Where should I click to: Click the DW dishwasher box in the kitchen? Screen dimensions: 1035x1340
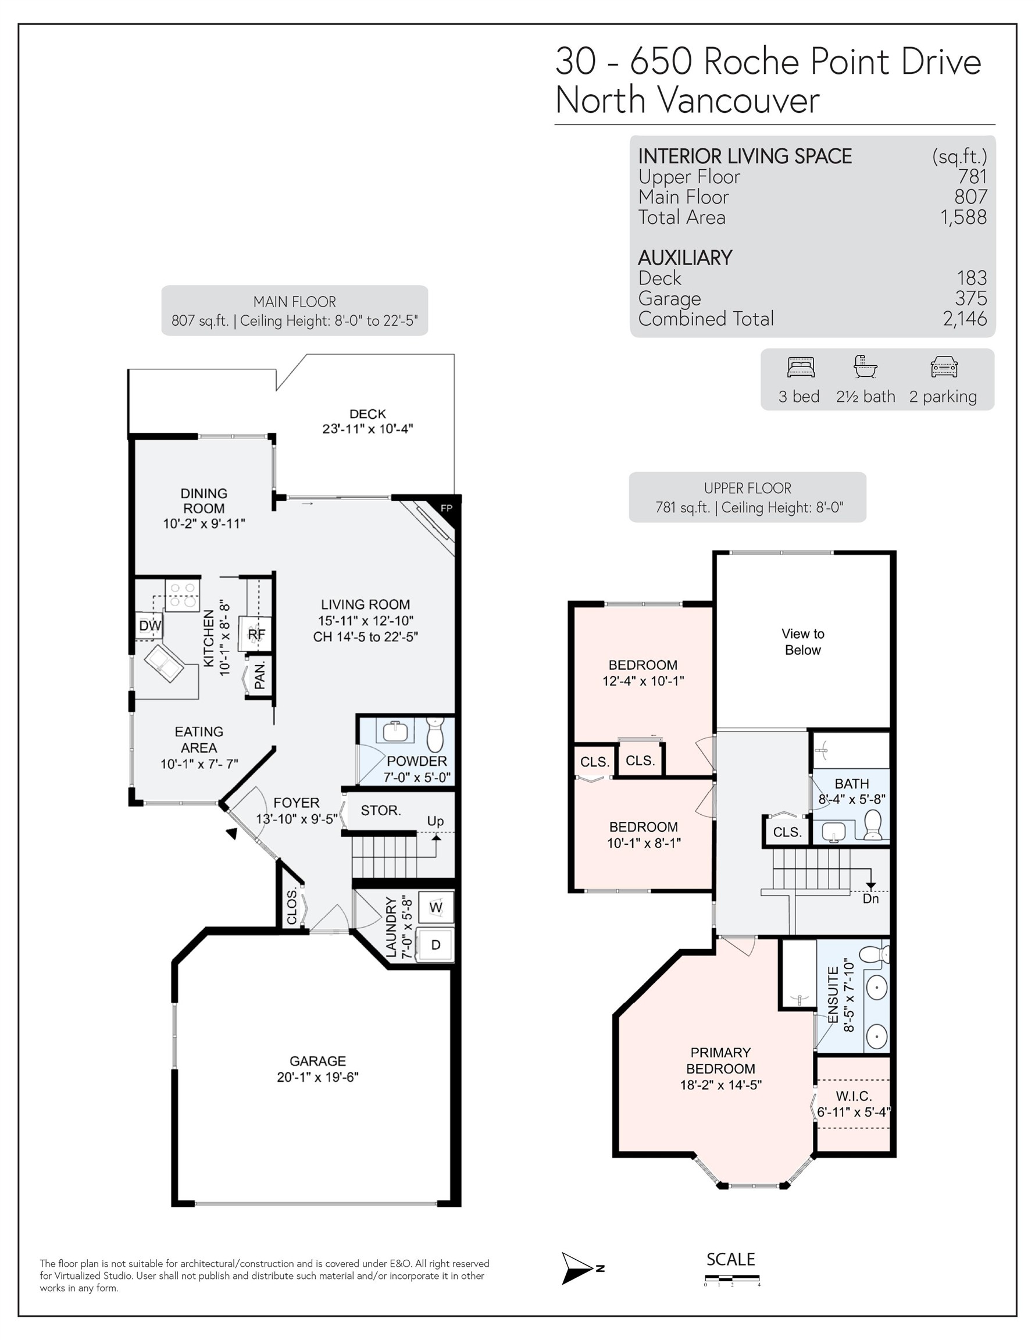[x=149, y=626]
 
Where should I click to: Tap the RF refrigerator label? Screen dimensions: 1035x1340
[x=256, y=634]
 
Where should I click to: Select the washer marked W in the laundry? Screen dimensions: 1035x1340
[x=436, y=907]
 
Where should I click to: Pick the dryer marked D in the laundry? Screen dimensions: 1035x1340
[x=435, y=945]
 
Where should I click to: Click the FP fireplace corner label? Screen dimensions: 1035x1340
[x=447, y=508]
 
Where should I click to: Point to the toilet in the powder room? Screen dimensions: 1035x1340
[x=435, y=736]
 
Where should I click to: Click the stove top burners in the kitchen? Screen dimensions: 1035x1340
[x=182, y=594]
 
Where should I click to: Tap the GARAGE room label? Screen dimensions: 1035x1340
[x=318, y=1061]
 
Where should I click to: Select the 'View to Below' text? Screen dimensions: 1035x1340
[x=802, y=642]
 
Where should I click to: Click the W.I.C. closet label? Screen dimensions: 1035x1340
[x=854, y=1096]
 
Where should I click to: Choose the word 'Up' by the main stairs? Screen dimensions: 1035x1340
[x=436, y=821]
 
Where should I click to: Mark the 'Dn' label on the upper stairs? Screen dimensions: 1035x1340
[x=870, y=898]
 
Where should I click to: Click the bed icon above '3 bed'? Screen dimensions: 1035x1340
[x=801, y=367]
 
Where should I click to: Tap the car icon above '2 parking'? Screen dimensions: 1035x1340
[x=944, y=367]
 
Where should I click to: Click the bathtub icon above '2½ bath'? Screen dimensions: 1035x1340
[x=865, y=366]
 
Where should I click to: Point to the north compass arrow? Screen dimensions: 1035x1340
[x=577, y=1268]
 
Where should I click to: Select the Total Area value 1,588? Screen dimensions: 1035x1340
[x=964, y=217]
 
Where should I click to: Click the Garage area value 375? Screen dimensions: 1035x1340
[x=970, y=298]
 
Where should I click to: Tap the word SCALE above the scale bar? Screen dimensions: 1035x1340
[x=731, y=1259]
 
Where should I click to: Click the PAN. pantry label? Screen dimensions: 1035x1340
[x=260, y=675]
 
